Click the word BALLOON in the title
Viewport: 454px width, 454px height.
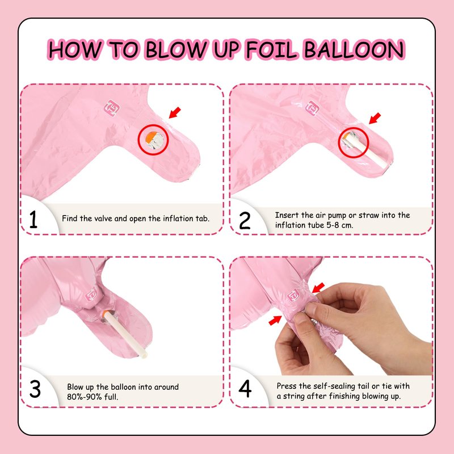354,49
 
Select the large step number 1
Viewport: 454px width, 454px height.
33,219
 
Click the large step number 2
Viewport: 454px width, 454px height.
245,220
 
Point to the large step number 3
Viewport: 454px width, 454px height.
35,389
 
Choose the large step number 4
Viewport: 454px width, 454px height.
245,389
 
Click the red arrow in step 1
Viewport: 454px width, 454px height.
175,112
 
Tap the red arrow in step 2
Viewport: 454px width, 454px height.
375,119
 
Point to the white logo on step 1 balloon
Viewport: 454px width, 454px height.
111,108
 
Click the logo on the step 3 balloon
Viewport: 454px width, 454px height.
91,295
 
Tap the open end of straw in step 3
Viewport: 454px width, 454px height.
145,354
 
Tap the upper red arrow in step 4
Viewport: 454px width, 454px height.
318,288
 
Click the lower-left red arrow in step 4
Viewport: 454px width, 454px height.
275,320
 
